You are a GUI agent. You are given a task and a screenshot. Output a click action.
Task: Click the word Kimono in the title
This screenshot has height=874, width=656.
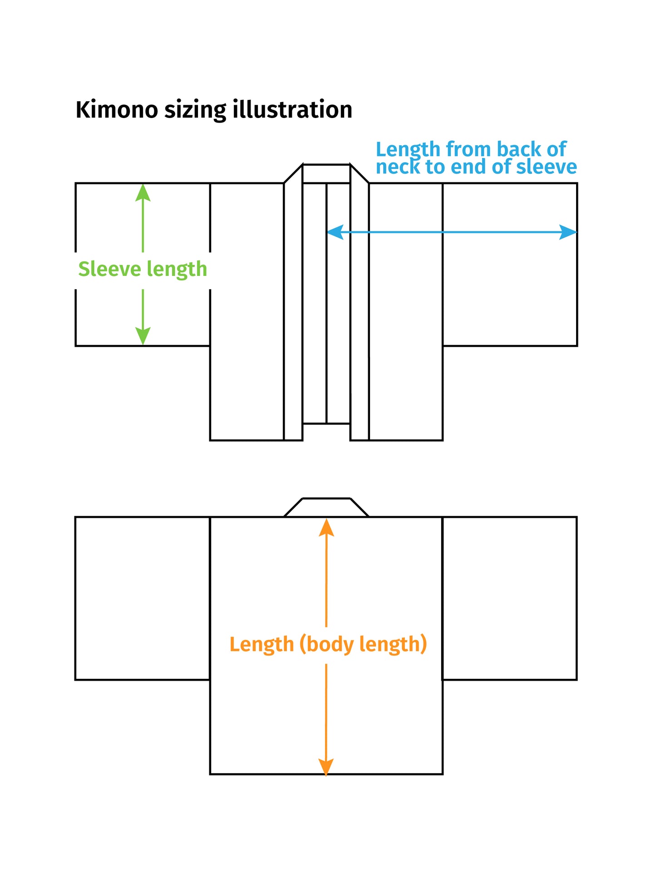(x=117, y=110)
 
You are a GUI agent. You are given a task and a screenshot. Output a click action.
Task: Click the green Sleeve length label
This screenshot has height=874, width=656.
(x=143, y=269)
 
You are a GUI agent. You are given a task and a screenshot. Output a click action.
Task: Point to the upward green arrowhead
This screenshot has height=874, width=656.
(x=143, y=192)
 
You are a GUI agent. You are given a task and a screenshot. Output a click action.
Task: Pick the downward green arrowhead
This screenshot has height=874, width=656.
(x=143, y=336)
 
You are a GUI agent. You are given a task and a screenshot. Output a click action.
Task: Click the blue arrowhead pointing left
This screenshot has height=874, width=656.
(x=335, y=232)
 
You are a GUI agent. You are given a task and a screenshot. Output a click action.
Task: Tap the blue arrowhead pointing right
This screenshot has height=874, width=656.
(x=568, y=232)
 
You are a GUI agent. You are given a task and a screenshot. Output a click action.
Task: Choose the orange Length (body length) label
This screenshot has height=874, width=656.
(x=328, y=644)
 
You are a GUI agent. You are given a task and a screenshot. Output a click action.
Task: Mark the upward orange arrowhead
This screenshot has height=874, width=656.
(x=326, y=528)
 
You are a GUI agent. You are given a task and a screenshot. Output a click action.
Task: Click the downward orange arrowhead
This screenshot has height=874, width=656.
(x=326, y=766)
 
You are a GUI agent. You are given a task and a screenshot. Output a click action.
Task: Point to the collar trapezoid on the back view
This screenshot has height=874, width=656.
(x=326, y=508)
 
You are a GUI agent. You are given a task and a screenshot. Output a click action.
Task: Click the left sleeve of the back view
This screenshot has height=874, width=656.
(x=143, y=598)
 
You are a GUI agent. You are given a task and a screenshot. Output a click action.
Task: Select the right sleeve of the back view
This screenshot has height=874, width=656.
(x=509, y=598)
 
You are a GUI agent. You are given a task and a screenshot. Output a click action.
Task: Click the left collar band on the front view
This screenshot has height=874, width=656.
(x=293, y=309)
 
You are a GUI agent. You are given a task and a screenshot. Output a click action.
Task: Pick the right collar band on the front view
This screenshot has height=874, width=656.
(x=360, y=309)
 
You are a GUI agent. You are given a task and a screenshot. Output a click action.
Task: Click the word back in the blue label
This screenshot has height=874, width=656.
(x=518, y=149)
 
